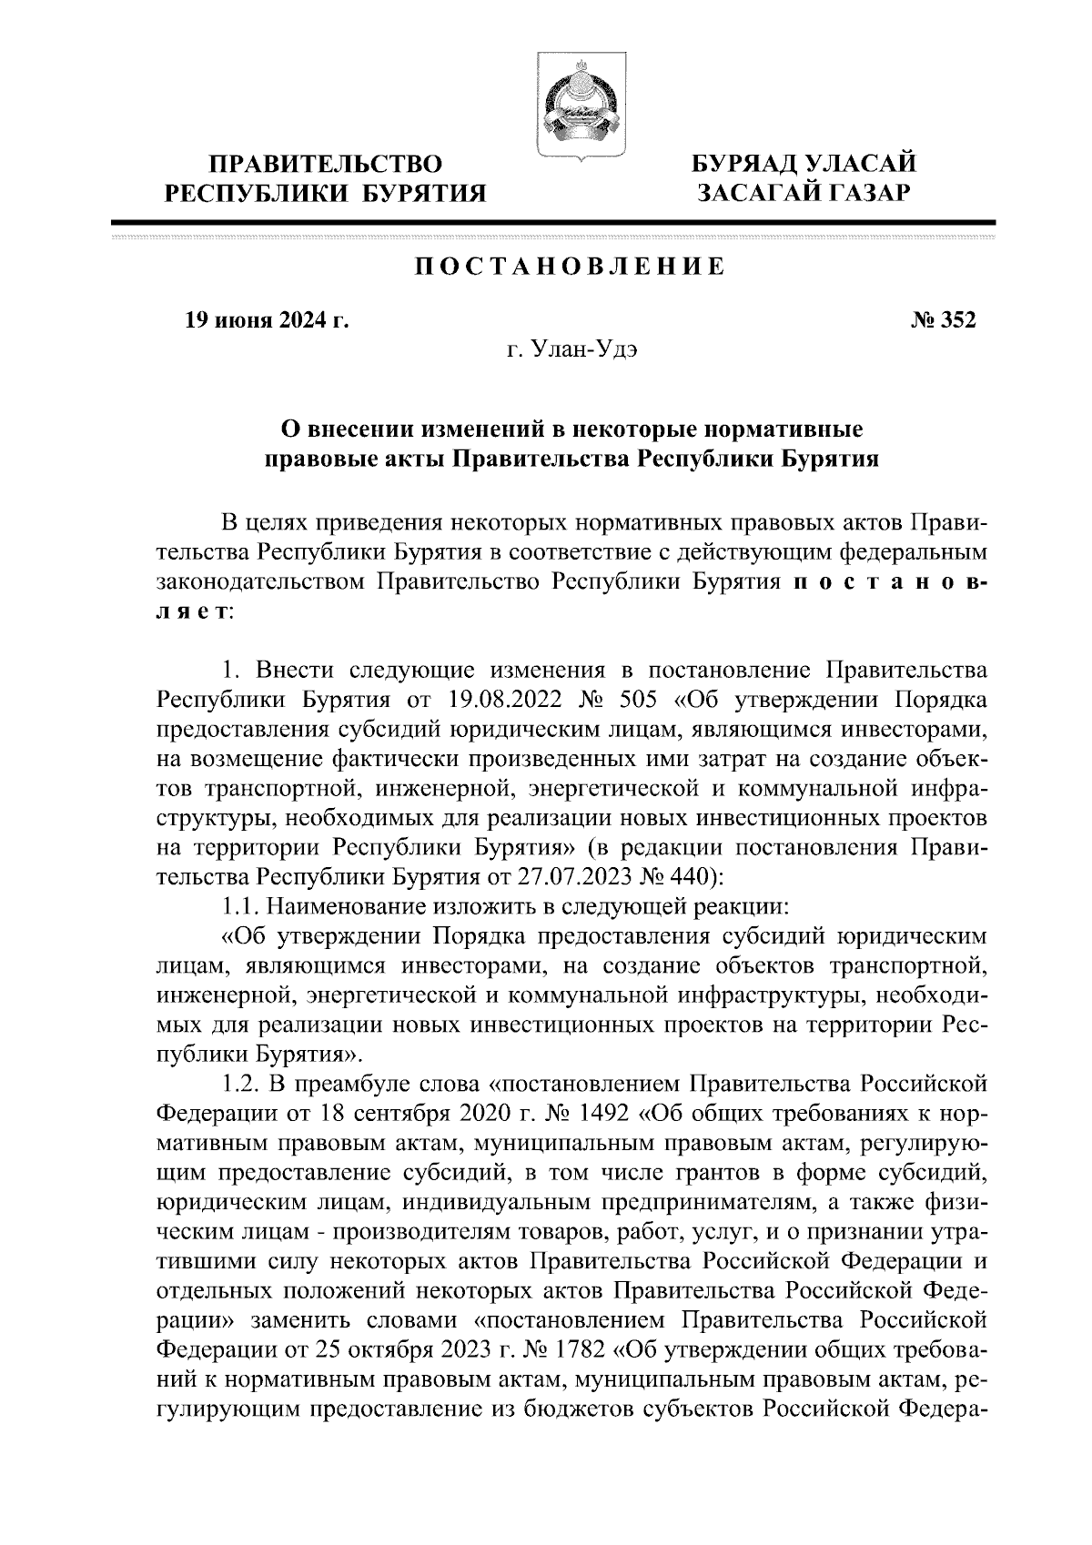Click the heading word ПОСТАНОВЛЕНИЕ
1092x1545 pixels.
pos(571,268)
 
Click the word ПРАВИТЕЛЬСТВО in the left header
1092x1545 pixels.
pos(326,165)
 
